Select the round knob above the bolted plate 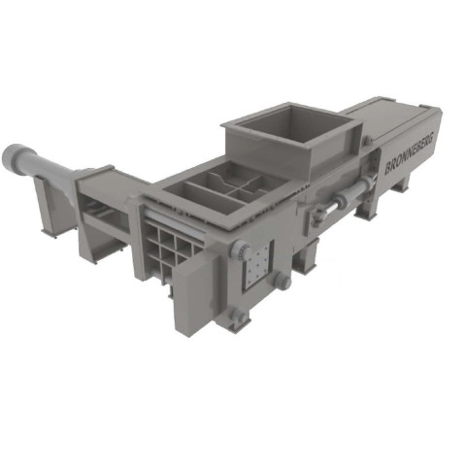click(x=240, y=250)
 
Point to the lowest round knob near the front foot click(x=240, y=316)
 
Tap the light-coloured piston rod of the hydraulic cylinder click(x=327, y=210)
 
